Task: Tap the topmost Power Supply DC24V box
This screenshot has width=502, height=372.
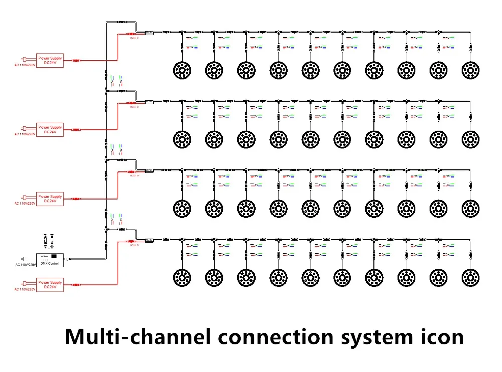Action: pyautogui.click(x=50, y=61)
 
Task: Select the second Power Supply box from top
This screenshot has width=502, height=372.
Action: pyautogui.click(x=50, y=129)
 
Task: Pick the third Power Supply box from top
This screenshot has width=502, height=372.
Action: pyautogui.click(x=50, y=199)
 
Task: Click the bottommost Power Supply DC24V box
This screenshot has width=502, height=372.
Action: pyautogui.click(x=50, y=285)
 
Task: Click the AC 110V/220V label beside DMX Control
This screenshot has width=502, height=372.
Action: pyautogui.click(x=26, y=265)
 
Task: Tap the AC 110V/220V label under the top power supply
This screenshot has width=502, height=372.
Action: pyautogui.click(x=26, y=65)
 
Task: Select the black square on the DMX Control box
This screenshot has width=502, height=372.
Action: pyautogui.click(x=54, y=256)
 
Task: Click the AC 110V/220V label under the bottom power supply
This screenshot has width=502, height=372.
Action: pyautogui.click(x=26, y=289)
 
